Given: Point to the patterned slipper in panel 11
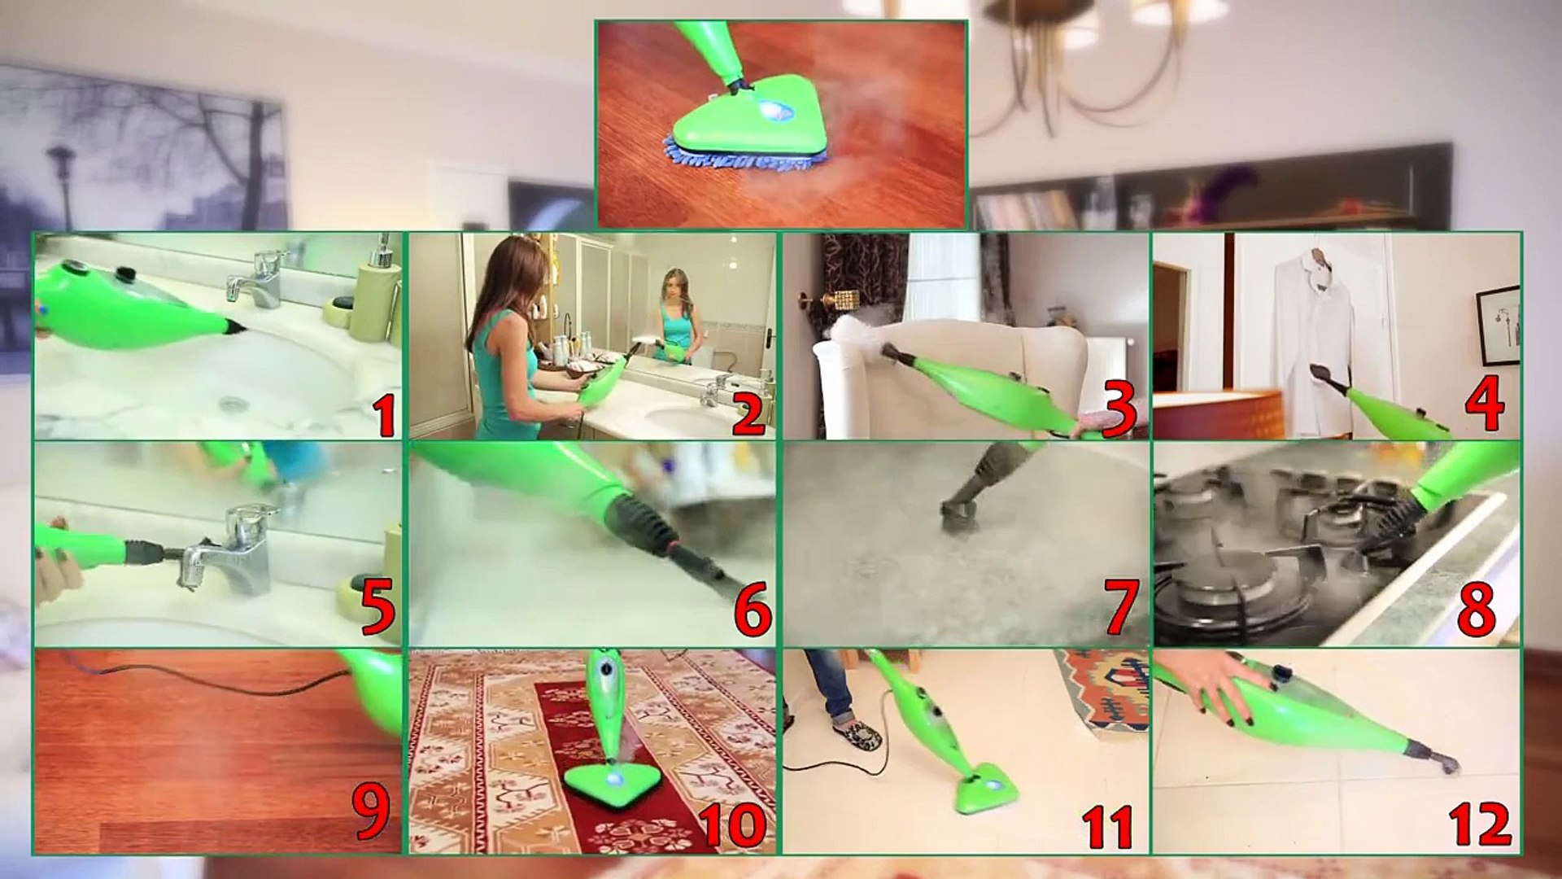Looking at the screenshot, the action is click(x=857, y=735).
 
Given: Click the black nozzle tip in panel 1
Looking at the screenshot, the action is click(x=234, y=328).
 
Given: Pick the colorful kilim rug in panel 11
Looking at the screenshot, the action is click(x=1105, y=689).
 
